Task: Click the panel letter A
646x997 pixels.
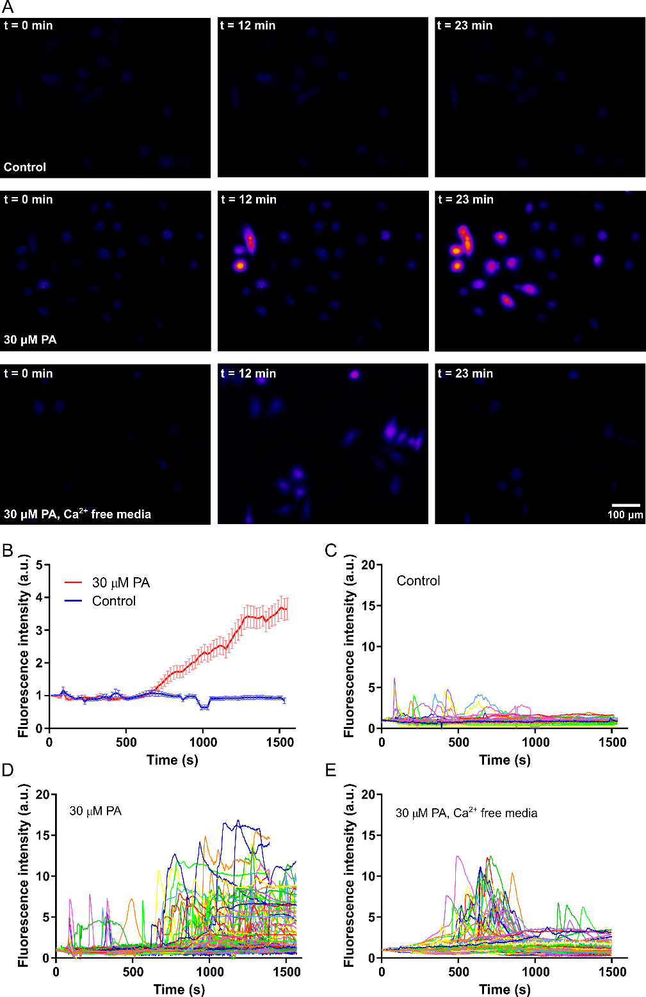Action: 8,8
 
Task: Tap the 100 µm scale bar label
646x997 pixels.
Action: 625,515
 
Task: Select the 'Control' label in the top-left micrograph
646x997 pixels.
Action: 25,167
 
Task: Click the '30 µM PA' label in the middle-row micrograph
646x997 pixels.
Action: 30,340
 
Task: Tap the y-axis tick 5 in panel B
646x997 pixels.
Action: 40,565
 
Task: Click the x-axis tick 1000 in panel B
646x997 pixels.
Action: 203,742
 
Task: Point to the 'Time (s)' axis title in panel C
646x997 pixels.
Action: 505,760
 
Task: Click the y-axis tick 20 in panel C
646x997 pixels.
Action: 367,565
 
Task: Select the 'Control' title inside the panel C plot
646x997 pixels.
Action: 418,581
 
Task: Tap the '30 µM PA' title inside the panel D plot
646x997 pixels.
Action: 95,811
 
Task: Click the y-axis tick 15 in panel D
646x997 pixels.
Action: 42,835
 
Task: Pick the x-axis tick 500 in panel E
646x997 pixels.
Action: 458,971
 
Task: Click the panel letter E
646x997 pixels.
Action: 330,769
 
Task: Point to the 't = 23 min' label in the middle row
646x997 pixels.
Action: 465,200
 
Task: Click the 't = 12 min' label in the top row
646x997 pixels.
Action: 248,26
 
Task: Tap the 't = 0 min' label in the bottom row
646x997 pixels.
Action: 28,374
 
